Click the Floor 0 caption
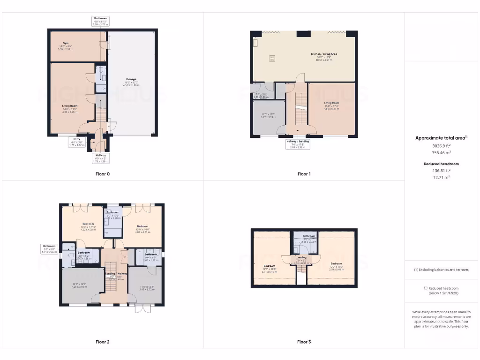click(x=102, y=174)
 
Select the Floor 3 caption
click(x=304, y=342)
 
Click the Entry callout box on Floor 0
click(x=76, y=142)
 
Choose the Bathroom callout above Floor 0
click(x=100, y=21)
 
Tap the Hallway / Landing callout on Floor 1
click(x=298, y=144)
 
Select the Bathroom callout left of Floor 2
click(x=50, y=249)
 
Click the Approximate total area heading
click(x=441, y=138)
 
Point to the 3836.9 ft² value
click(x=441, y=146)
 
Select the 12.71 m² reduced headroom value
click(x=441, y=178)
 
